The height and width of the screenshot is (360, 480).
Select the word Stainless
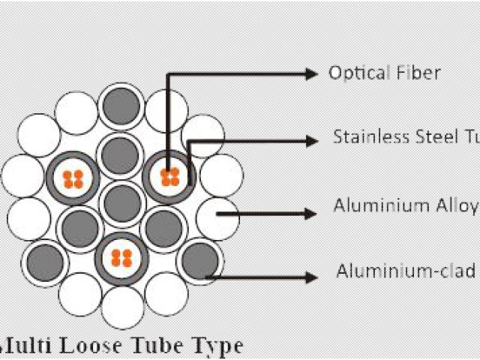point(372,138)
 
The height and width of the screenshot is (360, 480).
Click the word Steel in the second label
point(434,138)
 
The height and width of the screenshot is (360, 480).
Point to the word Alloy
point(457,205)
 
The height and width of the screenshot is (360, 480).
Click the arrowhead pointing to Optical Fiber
point(311,73)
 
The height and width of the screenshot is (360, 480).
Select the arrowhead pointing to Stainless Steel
point(311,139)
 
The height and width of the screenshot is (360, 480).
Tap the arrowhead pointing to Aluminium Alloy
point(311,214)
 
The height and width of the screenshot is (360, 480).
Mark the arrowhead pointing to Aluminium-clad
point(311,277)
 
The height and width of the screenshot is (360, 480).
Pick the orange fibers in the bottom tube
point(121,258)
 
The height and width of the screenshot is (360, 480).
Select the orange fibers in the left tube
point(73,178)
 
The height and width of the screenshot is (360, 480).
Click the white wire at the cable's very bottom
point(121,307)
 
